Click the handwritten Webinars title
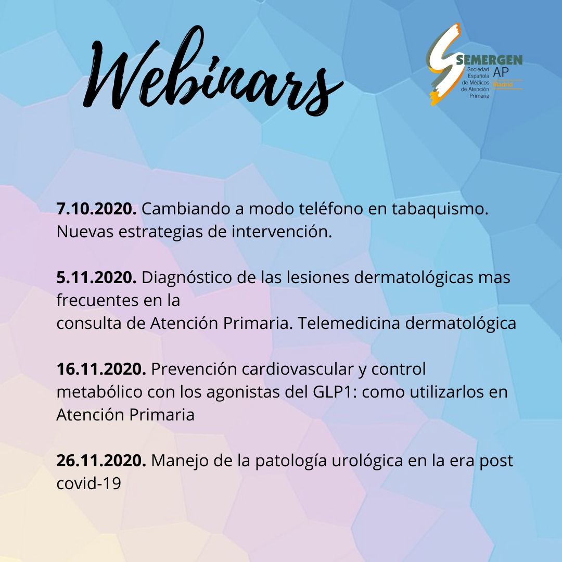click(x=213, y=72)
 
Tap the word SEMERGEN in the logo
click(x=489, y=60)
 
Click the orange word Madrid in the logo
click(x=503, y=85)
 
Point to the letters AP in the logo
click(x=501, y=72)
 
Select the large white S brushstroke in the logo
click(x=444, y=65)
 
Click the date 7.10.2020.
click(x=96, y=209)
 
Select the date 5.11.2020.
click(x=96, y=277)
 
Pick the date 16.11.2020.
click(x=101, y=369)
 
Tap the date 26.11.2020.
click(x=101, y=461)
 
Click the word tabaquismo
click(x=440, y=209)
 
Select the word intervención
click(x=282, y=232)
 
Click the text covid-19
click(x=89, y=483)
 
